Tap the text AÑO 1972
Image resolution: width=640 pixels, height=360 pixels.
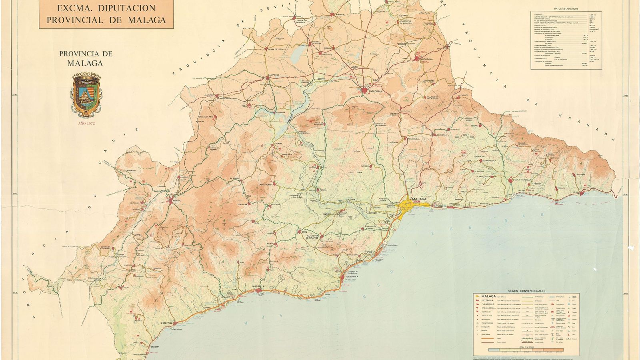(x=86, y=124)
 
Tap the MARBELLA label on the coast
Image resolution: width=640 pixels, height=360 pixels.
(x=259, y=286)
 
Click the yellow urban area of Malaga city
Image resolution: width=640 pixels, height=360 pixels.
(x=412, y=205)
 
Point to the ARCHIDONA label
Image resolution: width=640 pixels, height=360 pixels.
(x=426, y=60)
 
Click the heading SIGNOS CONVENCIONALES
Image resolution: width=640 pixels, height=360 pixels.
(x=526, y=291)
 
